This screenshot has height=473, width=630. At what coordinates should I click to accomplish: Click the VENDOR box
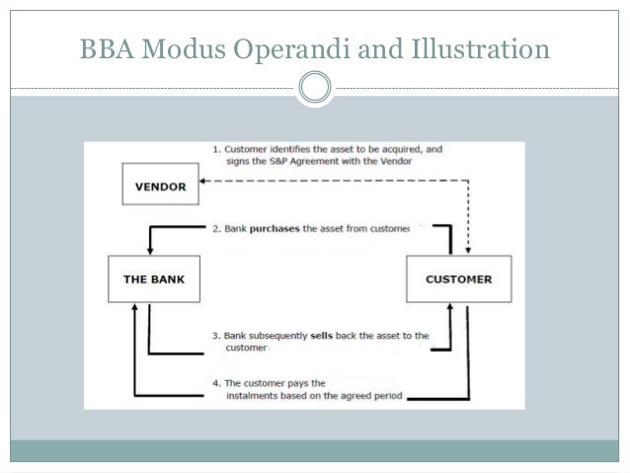click(158, 184)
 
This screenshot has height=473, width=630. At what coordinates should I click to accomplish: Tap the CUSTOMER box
click(457, 279)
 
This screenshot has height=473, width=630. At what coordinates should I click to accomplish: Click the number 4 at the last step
click(216, 382)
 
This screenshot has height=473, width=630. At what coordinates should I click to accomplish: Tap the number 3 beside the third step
click(216, 336)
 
